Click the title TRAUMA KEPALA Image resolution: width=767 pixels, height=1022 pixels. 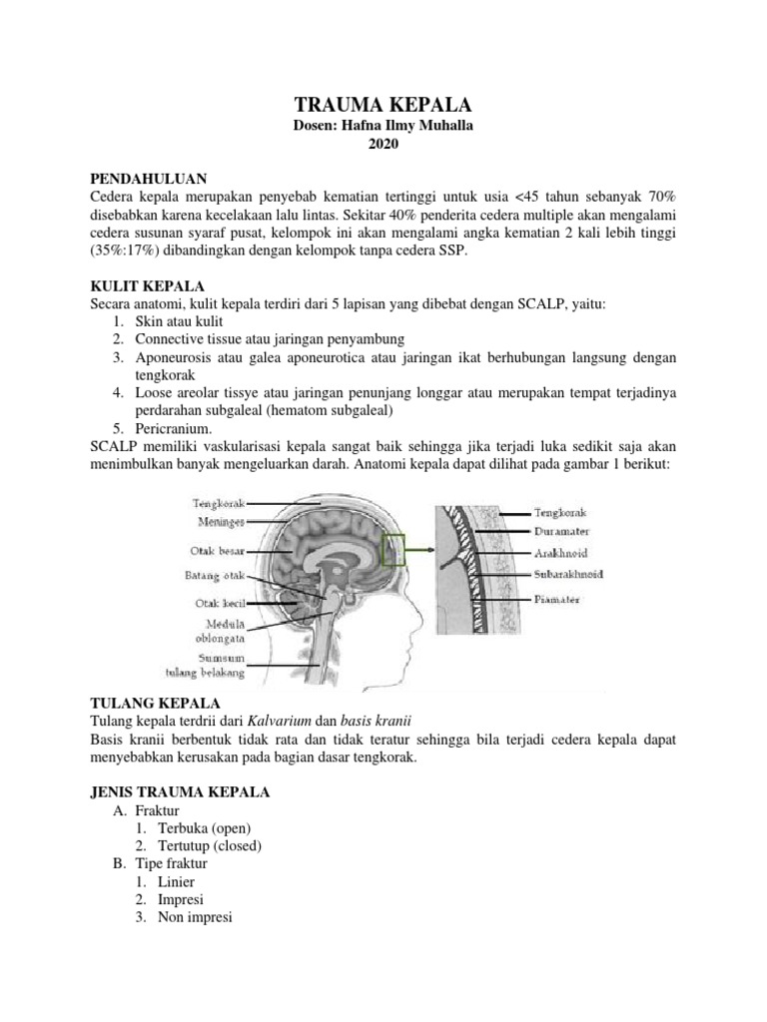click(383, 106)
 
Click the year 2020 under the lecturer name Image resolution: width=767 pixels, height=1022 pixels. click(383, 146)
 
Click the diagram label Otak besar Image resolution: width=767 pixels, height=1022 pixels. click(217, 550)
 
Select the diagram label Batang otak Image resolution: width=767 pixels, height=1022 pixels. click(215, 576)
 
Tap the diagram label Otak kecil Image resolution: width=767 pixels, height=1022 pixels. click(219, 603)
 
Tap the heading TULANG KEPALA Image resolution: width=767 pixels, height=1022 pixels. click(152, 704)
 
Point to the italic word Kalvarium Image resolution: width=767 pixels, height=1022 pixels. click(283, 721)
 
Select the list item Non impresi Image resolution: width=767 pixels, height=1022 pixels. click(195, 917)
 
